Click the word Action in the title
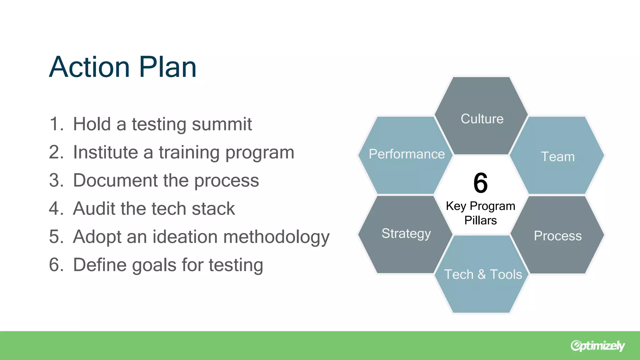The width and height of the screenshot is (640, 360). pyautogui.click(x=89, y=67)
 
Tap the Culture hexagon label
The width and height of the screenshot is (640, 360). pyautogui.click(x=482, y=119)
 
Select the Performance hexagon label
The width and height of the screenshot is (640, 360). pyautogui.click(x=407, y=154)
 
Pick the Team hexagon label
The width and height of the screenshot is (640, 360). pyautogui.click(x=558, y=157)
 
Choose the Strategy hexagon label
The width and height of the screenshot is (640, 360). pyautogui.click(x=406, y=233)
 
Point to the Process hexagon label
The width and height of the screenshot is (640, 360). pyautogui.click(x=558, y=236)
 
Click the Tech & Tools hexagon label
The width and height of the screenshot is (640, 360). pyautogui.click(x=483, y=274)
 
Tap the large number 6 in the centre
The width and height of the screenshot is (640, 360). pyautogui.click(x=481, y=183)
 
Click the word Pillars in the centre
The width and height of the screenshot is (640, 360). pyautogui.click(x=481, y=220)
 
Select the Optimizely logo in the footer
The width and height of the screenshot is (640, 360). pyautogui.click(x=597, y=346)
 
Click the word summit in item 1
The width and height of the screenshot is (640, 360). pyautogui.click(x=222, y=124)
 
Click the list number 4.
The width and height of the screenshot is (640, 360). pyautogui.click(x=55, y=208)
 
